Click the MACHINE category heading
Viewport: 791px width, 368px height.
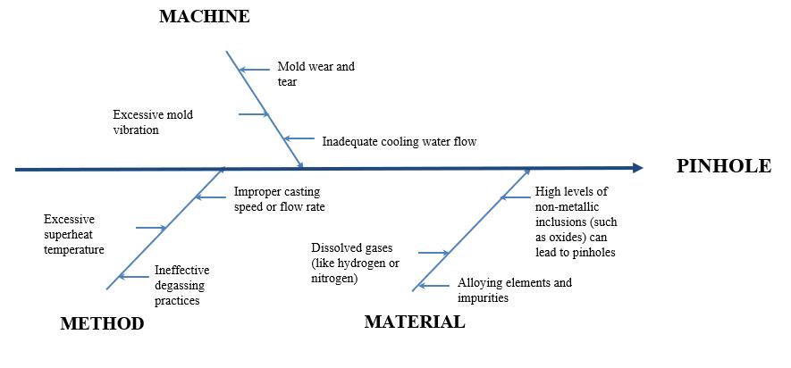point(204,17)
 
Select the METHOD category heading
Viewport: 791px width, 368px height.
point(102,324)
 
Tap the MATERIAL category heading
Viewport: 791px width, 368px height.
point(415,322)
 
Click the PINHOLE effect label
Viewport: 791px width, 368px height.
point(724,166)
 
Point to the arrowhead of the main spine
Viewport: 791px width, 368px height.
point(636,168)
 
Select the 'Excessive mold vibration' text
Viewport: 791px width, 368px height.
point(152,122)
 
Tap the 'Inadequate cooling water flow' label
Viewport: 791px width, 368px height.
point(399,141)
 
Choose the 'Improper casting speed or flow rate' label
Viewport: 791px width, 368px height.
point(279,199)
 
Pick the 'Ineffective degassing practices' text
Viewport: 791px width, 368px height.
point(182,285)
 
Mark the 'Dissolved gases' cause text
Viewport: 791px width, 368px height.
point(355,263)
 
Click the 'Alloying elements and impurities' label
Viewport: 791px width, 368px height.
point(514,290)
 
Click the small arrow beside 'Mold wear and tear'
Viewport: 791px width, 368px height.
point(255,69)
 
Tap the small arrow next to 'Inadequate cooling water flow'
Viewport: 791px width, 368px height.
point(299,139)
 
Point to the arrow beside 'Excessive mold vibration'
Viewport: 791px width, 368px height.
point(253,114)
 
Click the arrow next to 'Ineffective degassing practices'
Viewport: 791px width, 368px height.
point(133,277)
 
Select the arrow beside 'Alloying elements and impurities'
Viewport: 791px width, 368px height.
point(434,286)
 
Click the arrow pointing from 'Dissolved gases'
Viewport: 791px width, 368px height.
point(433,254)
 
